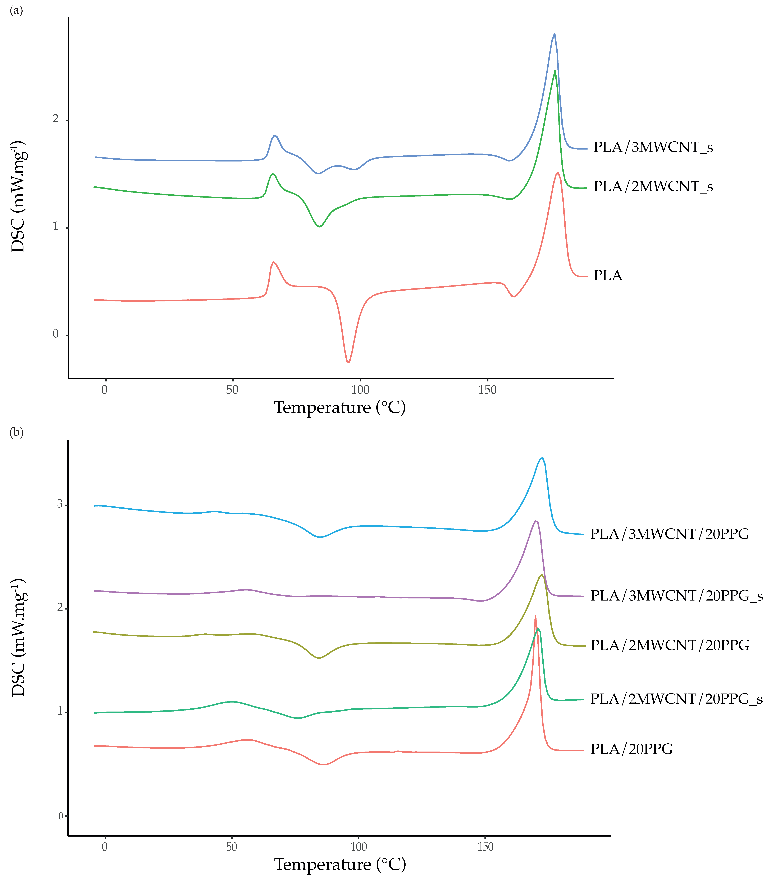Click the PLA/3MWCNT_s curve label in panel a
click(653, 147)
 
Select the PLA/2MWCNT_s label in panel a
click(653, 186)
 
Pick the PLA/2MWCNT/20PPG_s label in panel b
click(676, 699)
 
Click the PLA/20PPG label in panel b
click(631, 749)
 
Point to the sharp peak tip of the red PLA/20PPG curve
click(535, 616)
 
